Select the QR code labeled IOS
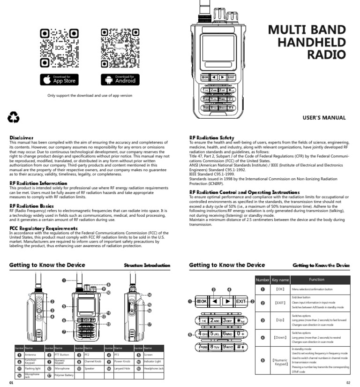pyautogui.click(x=59, y=48)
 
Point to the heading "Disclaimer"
pyautogui.click(x=22, y=137)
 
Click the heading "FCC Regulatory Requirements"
pyautogui.click(x=44, y=228)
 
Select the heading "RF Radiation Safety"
pyautogui.click(x=211, y=137)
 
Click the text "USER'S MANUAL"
pyautogui.click(x=324, y=118)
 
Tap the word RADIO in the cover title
pyautogui.click(x=326, y=54)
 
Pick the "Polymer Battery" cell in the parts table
pyautogui.click(x=64, y=375)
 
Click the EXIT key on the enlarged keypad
pyautogui.click(x=241, y=301)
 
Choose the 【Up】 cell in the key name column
pyautogui.click(x=280, y=320)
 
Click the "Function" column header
pyautogui.click(x=316, y=280)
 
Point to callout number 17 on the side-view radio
pyautogui.click(x=150, y=324)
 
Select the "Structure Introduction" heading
pyautogui.click(x=147, y=266)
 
